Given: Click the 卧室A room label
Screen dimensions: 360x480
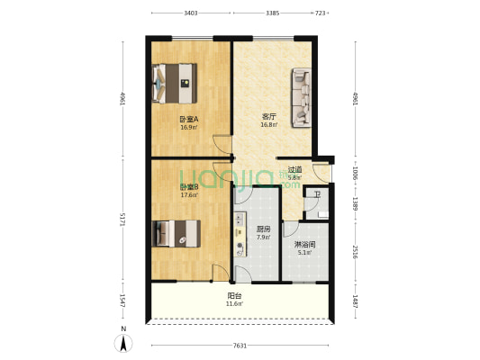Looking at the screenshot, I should pos(189,119).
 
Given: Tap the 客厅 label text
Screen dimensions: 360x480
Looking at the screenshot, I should pos(268,117).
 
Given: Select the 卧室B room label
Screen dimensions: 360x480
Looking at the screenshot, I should pos(188,186).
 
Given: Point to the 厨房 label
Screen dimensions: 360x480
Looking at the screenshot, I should pos(263,229).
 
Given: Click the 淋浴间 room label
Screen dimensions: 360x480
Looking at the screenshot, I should pos(303,244).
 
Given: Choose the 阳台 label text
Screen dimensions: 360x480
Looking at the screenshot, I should pos(234,295).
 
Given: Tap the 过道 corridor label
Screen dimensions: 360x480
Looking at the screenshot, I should pos(294,169).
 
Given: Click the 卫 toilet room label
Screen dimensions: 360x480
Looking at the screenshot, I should pos(316,193).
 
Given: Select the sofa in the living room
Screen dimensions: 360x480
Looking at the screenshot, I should pos(301,97).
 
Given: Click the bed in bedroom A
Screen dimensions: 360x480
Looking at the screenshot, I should pos(177,83).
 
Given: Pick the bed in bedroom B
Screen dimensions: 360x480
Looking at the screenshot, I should pos(176,233).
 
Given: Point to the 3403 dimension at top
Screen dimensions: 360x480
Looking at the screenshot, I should pos(191,13).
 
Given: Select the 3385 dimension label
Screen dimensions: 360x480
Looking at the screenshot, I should pos(272,13).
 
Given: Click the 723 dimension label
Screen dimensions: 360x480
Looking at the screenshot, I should pos(321,13).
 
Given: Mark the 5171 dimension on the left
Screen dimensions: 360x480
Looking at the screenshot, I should pos(122,219).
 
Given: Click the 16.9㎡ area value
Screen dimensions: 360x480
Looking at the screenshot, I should pos(189,127).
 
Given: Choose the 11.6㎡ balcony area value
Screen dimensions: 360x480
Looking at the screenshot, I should pos(234,303).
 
